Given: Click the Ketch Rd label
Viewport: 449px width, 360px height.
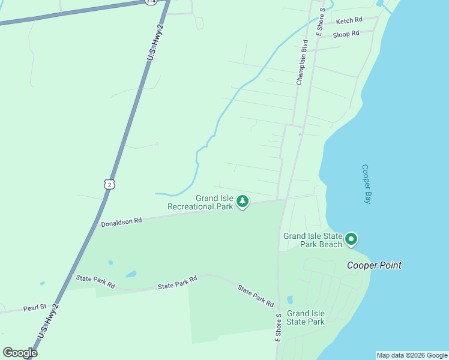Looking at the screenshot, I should click(x=349, y=20).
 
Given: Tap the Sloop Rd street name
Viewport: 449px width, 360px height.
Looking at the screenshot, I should click(x=346, y=34).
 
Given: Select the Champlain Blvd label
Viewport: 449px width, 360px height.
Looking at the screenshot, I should click(x=301, y=62).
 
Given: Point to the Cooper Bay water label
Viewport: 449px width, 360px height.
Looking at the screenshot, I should click(x=367, y=184).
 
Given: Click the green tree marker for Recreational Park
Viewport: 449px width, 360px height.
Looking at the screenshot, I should click(x=242, y=202).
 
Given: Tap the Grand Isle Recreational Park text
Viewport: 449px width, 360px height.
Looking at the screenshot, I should click(x=199, y=202).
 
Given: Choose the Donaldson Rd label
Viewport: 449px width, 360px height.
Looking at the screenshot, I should click(x=121, y=221).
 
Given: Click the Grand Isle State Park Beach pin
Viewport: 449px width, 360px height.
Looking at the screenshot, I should click(x=351, y=240).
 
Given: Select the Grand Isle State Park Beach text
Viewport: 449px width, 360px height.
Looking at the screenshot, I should click(x=312, y=240).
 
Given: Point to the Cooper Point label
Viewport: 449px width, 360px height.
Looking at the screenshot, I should click(x=374, y=265).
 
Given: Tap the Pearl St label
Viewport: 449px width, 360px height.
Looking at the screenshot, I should click(x=35, y=308).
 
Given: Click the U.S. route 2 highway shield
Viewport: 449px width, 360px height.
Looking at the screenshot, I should click(x=108, y=184).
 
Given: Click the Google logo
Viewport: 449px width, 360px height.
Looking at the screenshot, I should click(x=20, y=352).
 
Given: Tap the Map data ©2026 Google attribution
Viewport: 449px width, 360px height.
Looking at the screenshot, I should click(x=412, y=355).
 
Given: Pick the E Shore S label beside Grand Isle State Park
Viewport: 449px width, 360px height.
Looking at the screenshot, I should click(x=278, y=327).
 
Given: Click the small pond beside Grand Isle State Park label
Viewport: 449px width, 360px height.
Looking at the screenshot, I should click(x=291, y=299).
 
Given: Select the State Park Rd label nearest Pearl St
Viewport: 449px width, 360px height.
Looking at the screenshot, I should click(x=95, y=281).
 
